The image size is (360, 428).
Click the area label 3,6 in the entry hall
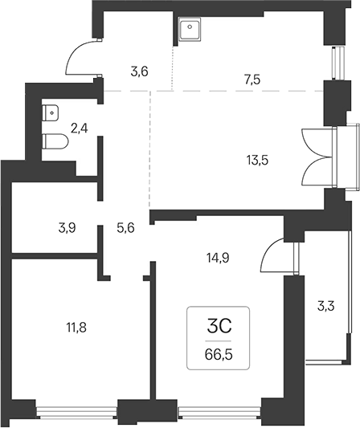click(x=139, y=72)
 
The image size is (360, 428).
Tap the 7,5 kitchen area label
click(x=252, y=79)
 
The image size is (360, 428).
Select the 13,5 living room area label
click(x=257, y=161)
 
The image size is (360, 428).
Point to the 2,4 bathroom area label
click(x=80, y=128)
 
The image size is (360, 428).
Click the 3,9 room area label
click(x=67, y=228)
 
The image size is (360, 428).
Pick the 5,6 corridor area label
click(x=125, y=228)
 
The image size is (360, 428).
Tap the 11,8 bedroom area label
click(x=76, y=328)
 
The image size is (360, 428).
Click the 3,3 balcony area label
click(x=326, y=306)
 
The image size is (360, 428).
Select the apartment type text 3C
click(x=219, y=327)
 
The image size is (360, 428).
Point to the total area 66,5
click(x=219, y=355)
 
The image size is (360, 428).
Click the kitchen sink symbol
click(x=190, y=29)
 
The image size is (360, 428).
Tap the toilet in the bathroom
click(x=55, y=141)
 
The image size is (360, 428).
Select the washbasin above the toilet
click(x=51, y=112)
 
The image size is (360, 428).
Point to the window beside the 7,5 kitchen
click(x=337, y=63)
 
